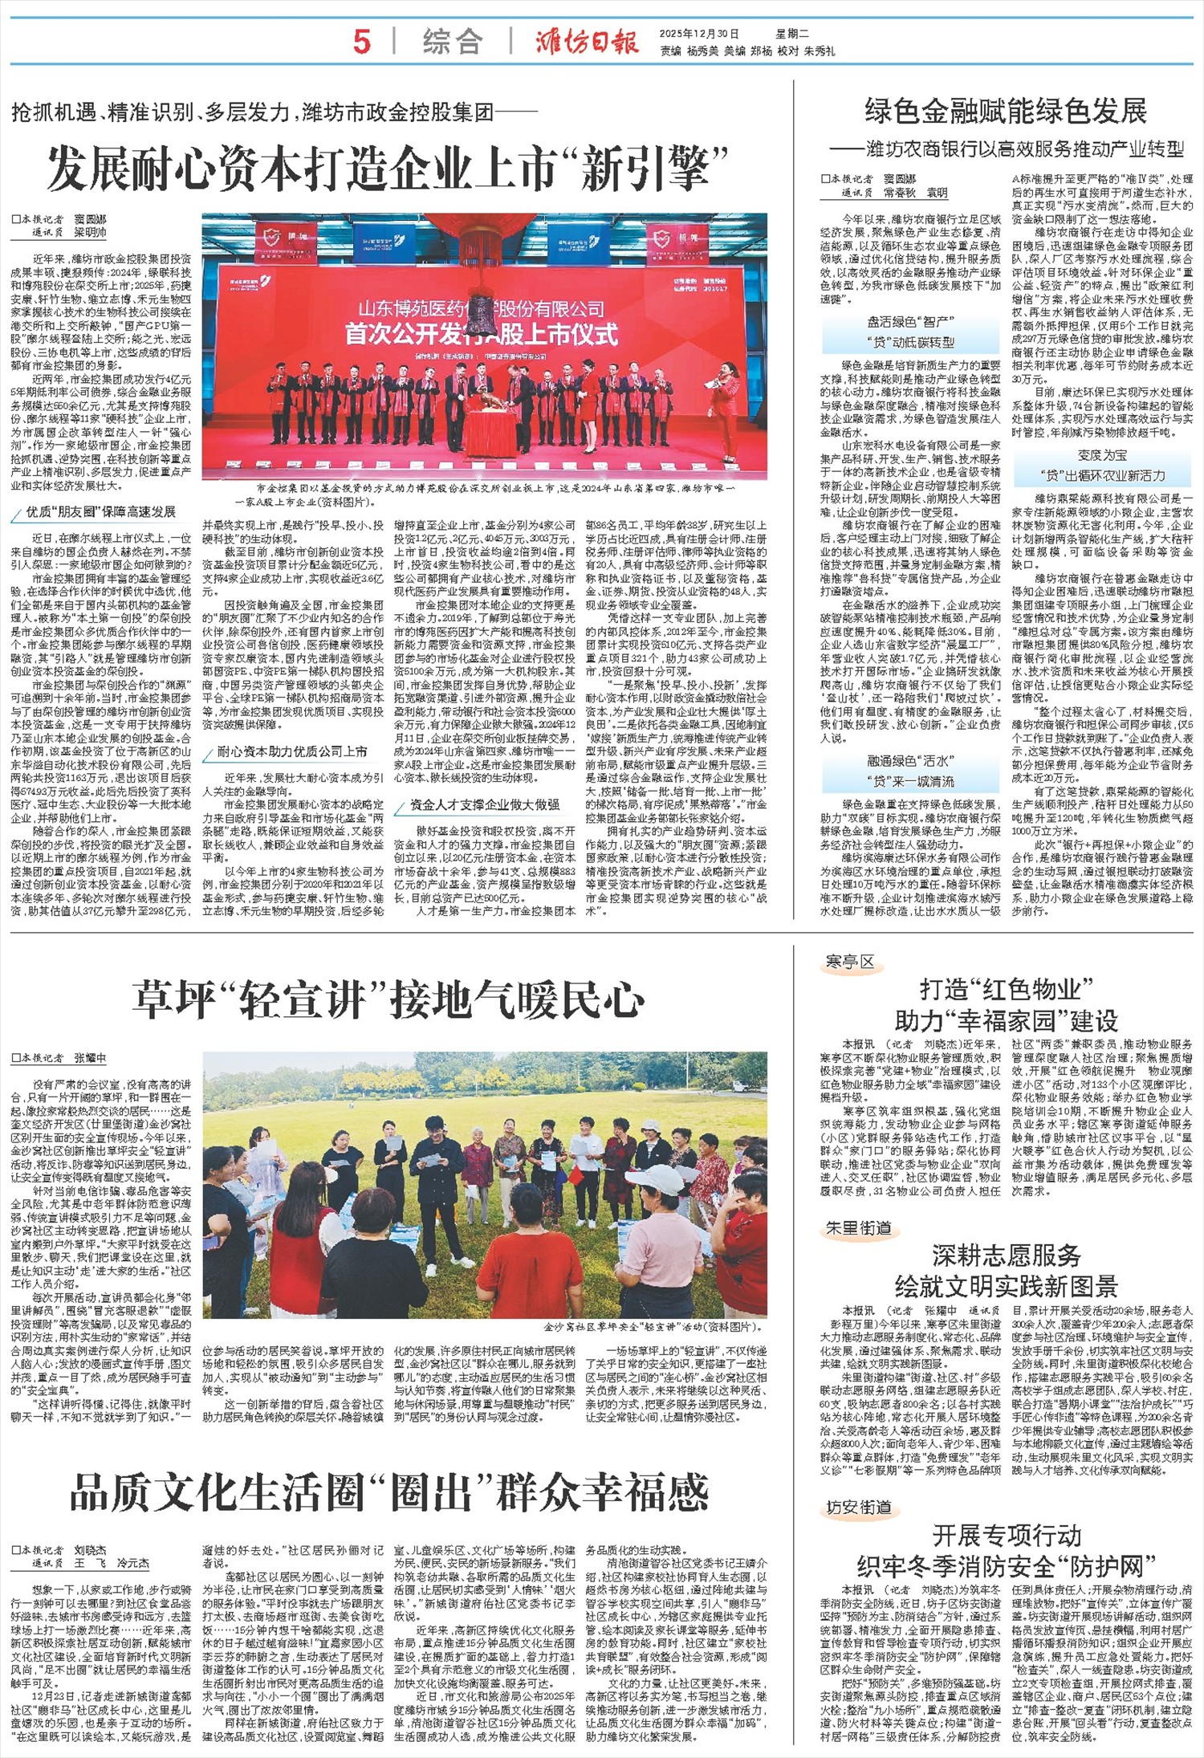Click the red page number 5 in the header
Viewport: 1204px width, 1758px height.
[x=362, y=41]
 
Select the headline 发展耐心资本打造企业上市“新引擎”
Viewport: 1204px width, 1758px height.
[x=388, y=168]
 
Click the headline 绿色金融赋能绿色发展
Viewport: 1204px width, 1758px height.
[x=1006, y=111]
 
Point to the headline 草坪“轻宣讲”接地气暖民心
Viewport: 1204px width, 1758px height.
[x=388, y=1000]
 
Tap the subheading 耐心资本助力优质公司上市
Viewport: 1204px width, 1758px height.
[x=292, y=751]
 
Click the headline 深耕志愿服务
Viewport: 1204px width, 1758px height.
[x=1006, y=1255]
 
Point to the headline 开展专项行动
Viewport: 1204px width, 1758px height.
[x=1006, y=1536]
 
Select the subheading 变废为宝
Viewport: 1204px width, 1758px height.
[x=1102, y=455]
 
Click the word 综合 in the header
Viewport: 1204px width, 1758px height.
[x=452, y=42]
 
